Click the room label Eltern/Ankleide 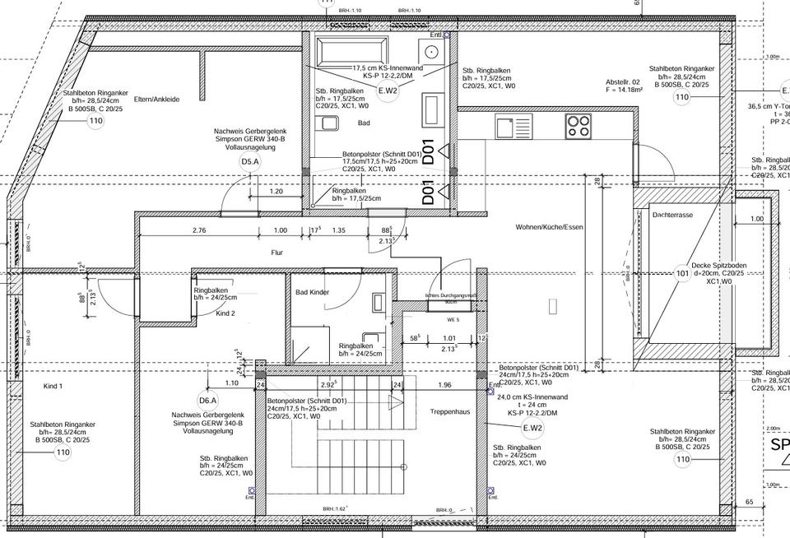[x=156, y=100]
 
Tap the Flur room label [x=276, y=253]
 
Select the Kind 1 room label [x=53, y=386]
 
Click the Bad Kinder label [x=314, y=292]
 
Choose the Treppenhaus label [x=449, y=411]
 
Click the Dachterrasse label [x=671, y=214]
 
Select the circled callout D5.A [x=250, y=162]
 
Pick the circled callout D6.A [x=208, y=401]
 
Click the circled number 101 [x=682, y=274]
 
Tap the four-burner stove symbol [x=579, y=126]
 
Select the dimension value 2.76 [x=198, y=231]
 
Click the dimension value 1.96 [x=445, y=384]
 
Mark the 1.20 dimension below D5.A [x=276, y=191]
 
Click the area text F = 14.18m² [x=623, y=91]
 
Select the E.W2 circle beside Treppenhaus [x=532, y=428]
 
